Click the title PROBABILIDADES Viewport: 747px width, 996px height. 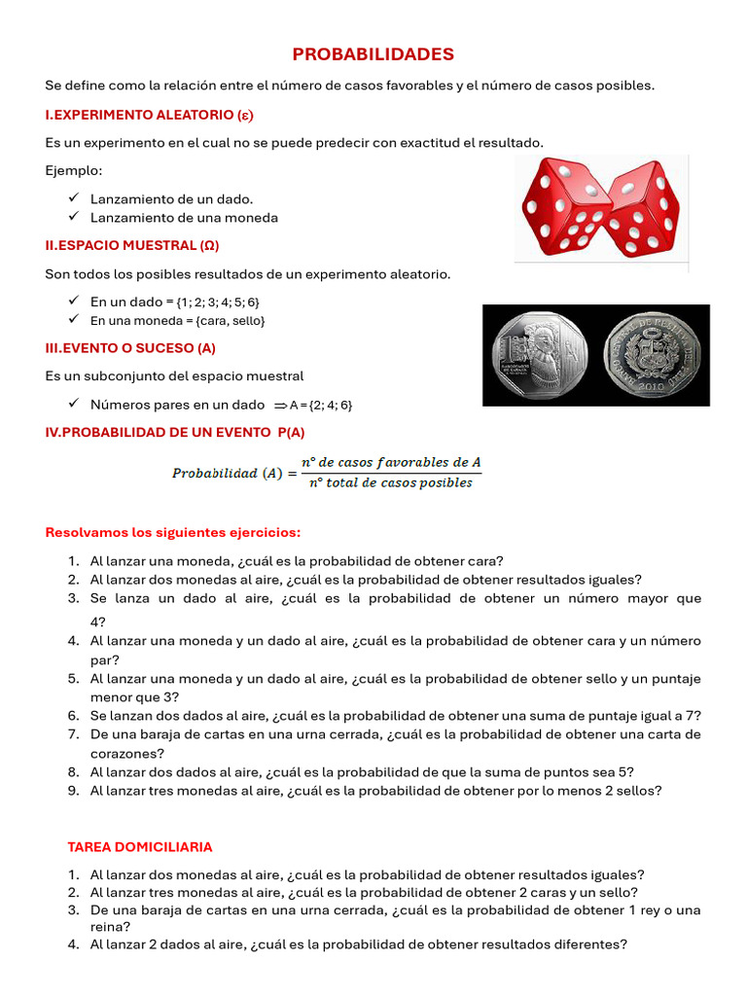click(373, 54)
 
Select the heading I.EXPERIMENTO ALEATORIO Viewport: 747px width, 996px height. click(148, 115)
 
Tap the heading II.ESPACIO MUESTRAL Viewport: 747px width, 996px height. click(131, 246)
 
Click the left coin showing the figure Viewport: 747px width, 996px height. click(540, 356)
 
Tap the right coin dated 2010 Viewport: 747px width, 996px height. click(652, 356)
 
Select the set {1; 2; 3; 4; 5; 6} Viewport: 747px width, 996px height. click(218, 302)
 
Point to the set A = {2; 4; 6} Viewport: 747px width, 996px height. click(320, 405)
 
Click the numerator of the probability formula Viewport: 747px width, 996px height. click(391, 462)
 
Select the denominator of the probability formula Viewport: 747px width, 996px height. click(391, 482)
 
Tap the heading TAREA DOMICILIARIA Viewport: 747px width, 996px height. click(140, 847)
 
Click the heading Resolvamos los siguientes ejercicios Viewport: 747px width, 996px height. click(173, 533)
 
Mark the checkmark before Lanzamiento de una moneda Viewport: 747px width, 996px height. click(74, 217)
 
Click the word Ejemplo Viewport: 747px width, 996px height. click(73, 171)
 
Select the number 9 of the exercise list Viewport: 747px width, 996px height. click(73, 791)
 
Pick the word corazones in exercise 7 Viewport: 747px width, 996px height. click(126, 753)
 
